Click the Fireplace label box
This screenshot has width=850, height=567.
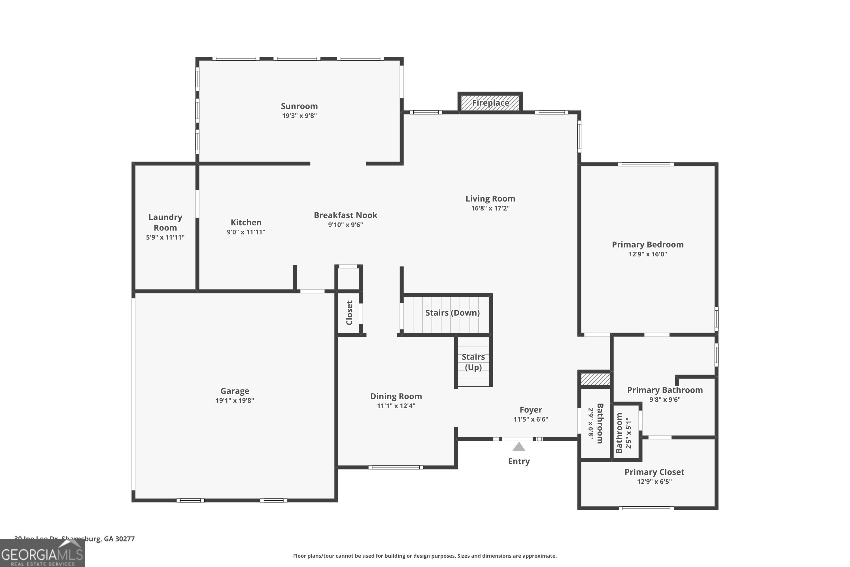pos(490,103)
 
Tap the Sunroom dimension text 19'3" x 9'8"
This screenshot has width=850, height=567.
pos(299,116)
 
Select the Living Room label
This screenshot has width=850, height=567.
pos(490,198)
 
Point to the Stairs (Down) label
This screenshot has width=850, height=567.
pos(452,313)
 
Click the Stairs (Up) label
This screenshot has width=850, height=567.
pos(473,362)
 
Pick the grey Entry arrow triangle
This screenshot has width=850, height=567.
pos(518,447)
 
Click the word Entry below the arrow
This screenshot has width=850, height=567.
pos(518,462)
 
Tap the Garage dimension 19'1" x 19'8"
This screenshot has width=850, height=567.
pos(235,401)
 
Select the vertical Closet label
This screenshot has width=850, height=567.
pos(349,313)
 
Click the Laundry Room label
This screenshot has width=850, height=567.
pos(165,222)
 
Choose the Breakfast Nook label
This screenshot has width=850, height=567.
pos(345,215)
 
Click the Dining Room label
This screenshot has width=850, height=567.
pos(396,396)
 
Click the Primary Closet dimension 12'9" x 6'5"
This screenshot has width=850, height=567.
pos(654,482)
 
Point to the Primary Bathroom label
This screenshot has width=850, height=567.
pos(665,390)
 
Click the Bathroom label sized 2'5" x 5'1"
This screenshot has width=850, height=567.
pos(619,433)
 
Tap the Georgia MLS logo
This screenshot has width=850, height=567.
pos(42,554)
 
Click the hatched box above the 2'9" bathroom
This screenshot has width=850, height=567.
pos(595,379)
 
